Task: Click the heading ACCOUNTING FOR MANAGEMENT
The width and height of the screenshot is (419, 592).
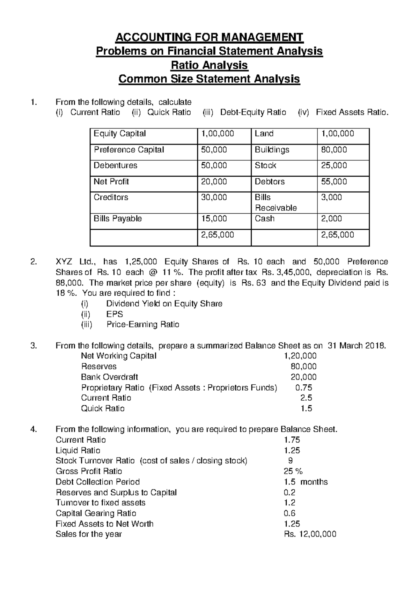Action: pos(209,37)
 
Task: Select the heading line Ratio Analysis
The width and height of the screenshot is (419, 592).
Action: pos(209,65)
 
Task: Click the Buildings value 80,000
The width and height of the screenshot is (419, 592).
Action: pos(334,150)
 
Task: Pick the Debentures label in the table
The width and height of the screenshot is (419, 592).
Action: pos(115,165)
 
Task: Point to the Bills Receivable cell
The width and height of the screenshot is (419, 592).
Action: pos(275,202)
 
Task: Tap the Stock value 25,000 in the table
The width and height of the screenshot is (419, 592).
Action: pos(334,165)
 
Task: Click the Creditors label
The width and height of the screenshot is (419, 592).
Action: pos(111,198)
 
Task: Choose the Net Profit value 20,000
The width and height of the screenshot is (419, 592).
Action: pos(214,182)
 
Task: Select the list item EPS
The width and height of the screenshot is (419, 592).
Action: pos(115,314)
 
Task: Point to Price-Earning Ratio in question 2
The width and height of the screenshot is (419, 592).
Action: pos(143,325)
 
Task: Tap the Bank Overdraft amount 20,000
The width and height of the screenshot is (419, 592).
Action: pos(303,377)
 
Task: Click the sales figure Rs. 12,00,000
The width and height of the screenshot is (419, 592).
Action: pos(310,534)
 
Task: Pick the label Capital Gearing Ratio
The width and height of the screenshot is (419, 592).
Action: pos(96,513)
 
